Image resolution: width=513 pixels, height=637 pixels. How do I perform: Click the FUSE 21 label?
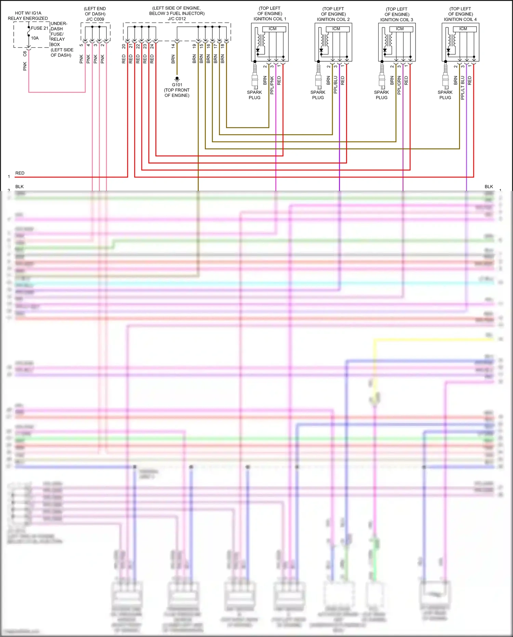click(x=39, y=28)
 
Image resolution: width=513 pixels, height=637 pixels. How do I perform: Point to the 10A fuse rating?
click(x=35, y=38)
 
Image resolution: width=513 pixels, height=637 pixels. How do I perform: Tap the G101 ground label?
click(x=177, y=85)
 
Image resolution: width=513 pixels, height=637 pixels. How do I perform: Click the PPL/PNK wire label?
click(x=272, y=85)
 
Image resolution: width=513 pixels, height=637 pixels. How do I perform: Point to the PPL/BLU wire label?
click(x=336, y=85)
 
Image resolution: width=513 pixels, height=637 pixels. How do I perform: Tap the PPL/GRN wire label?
click(x=399, y=85)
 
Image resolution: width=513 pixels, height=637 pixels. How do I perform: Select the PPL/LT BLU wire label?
click(x=463, y=88)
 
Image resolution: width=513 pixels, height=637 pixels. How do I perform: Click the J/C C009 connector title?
click(x=95, y=19)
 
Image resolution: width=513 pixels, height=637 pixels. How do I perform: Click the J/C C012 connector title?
click(x=177, y=19)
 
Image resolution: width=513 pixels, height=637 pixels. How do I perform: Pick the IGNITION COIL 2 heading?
click(x=333, y=20)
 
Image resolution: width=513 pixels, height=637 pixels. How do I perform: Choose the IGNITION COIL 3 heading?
click(x=397, y=20)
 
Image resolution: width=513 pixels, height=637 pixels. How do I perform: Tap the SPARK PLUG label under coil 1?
click(x=254, y=95)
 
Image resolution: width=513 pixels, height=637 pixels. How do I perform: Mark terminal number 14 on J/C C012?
click(x=173, y=46)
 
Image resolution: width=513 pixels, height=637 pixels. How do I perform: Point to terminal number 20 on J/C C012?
click(x=124, y=46)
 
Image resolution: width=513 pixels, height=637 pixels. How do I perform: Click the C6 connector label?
click(x=25, y=54)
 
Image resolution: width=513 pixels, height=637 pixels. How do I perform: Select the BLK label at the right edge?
click(x=489, y=187)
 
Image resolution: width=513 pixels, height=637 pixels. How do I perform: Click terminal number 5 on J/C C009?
click(x=81, y=45)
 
